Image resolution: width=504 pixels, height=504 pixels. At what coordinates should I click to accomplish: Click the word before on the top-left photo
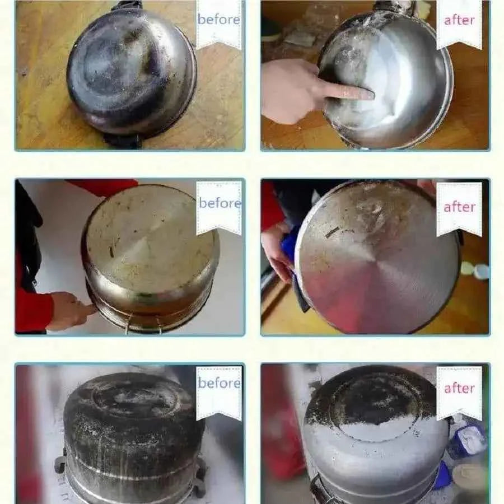coord(218,20)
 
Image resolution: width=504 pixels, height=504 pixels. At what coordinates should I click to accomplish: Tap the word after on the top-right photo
coord(459,20)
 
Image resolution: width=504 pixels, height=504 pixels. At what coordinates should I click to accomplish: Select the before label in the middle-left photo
coord(219,202)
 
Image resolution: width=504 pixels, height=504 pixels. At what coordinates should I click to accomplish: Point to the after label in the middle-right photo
coord(459,207)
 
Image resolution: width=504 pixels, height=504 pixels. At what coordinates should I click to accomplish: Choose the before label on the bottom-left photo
coord(219,384)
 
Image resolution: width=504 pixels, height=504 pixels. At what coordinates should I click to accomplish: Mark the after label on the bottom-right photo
coord(459,388)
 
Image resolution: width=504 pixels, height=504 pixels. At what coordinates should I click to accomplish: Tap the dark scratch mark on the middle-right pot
coord(332,231)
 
